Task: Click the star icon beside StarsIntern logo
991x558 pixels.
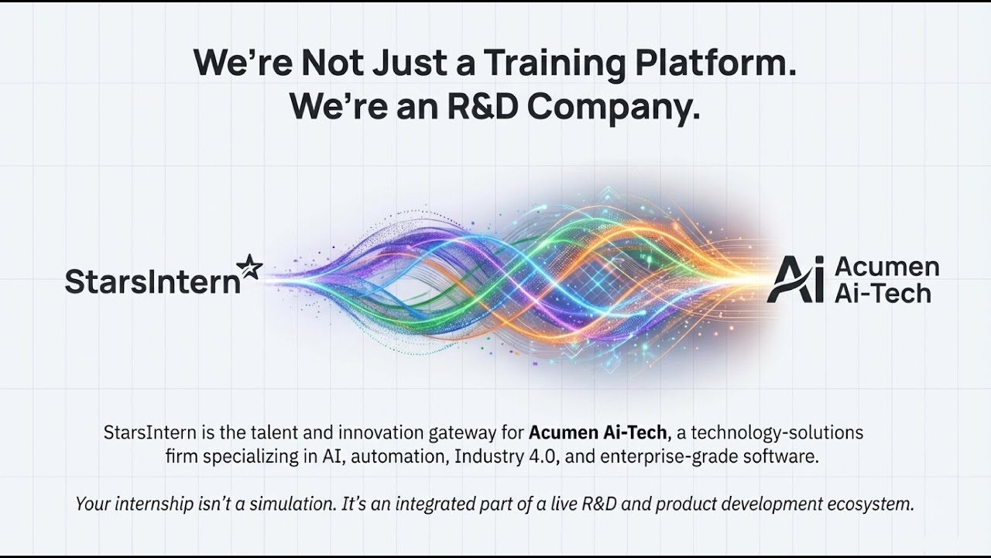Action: [249, 267]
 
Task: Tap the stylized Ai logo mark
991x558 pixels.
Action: [796, 280]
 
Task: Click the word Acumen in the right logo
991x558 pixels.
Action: [886, 267]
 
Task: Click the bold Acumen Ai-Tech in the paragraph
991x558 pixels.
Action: [598, 432]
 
